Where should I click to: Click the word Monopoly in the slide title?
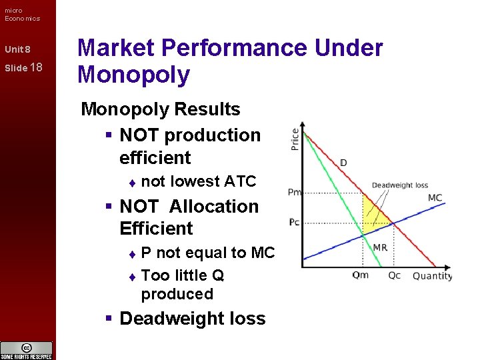click(133, 75)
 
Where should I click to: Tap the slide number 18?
click(37, 67)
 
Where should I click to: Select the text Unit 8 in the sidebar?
click(17, 49)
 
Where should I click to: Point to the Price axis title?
click(295, 138)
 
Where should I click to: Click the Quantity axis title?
click(432, 276)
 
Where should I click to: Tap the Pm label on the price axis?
click(294, 192)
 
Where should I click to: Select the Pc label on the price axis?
click(294, 222)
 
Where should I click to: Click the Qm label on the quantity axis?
click(360, 275)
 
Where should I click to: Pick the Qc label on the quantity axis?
click(395, 275)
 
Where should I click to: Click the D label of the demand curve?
click(343, 163)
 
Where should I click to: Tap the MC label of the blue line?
click(435, 198)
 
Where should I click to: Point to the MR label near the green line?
click(379, 247)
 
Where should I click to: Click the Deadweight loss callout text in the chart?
click(399, 185)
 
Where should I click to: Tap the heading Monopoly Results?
click(160, 109)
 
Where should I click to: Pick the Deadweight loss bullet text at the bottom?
click(192, 319)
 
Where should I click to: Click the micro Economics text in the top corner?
click(22, 14)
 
